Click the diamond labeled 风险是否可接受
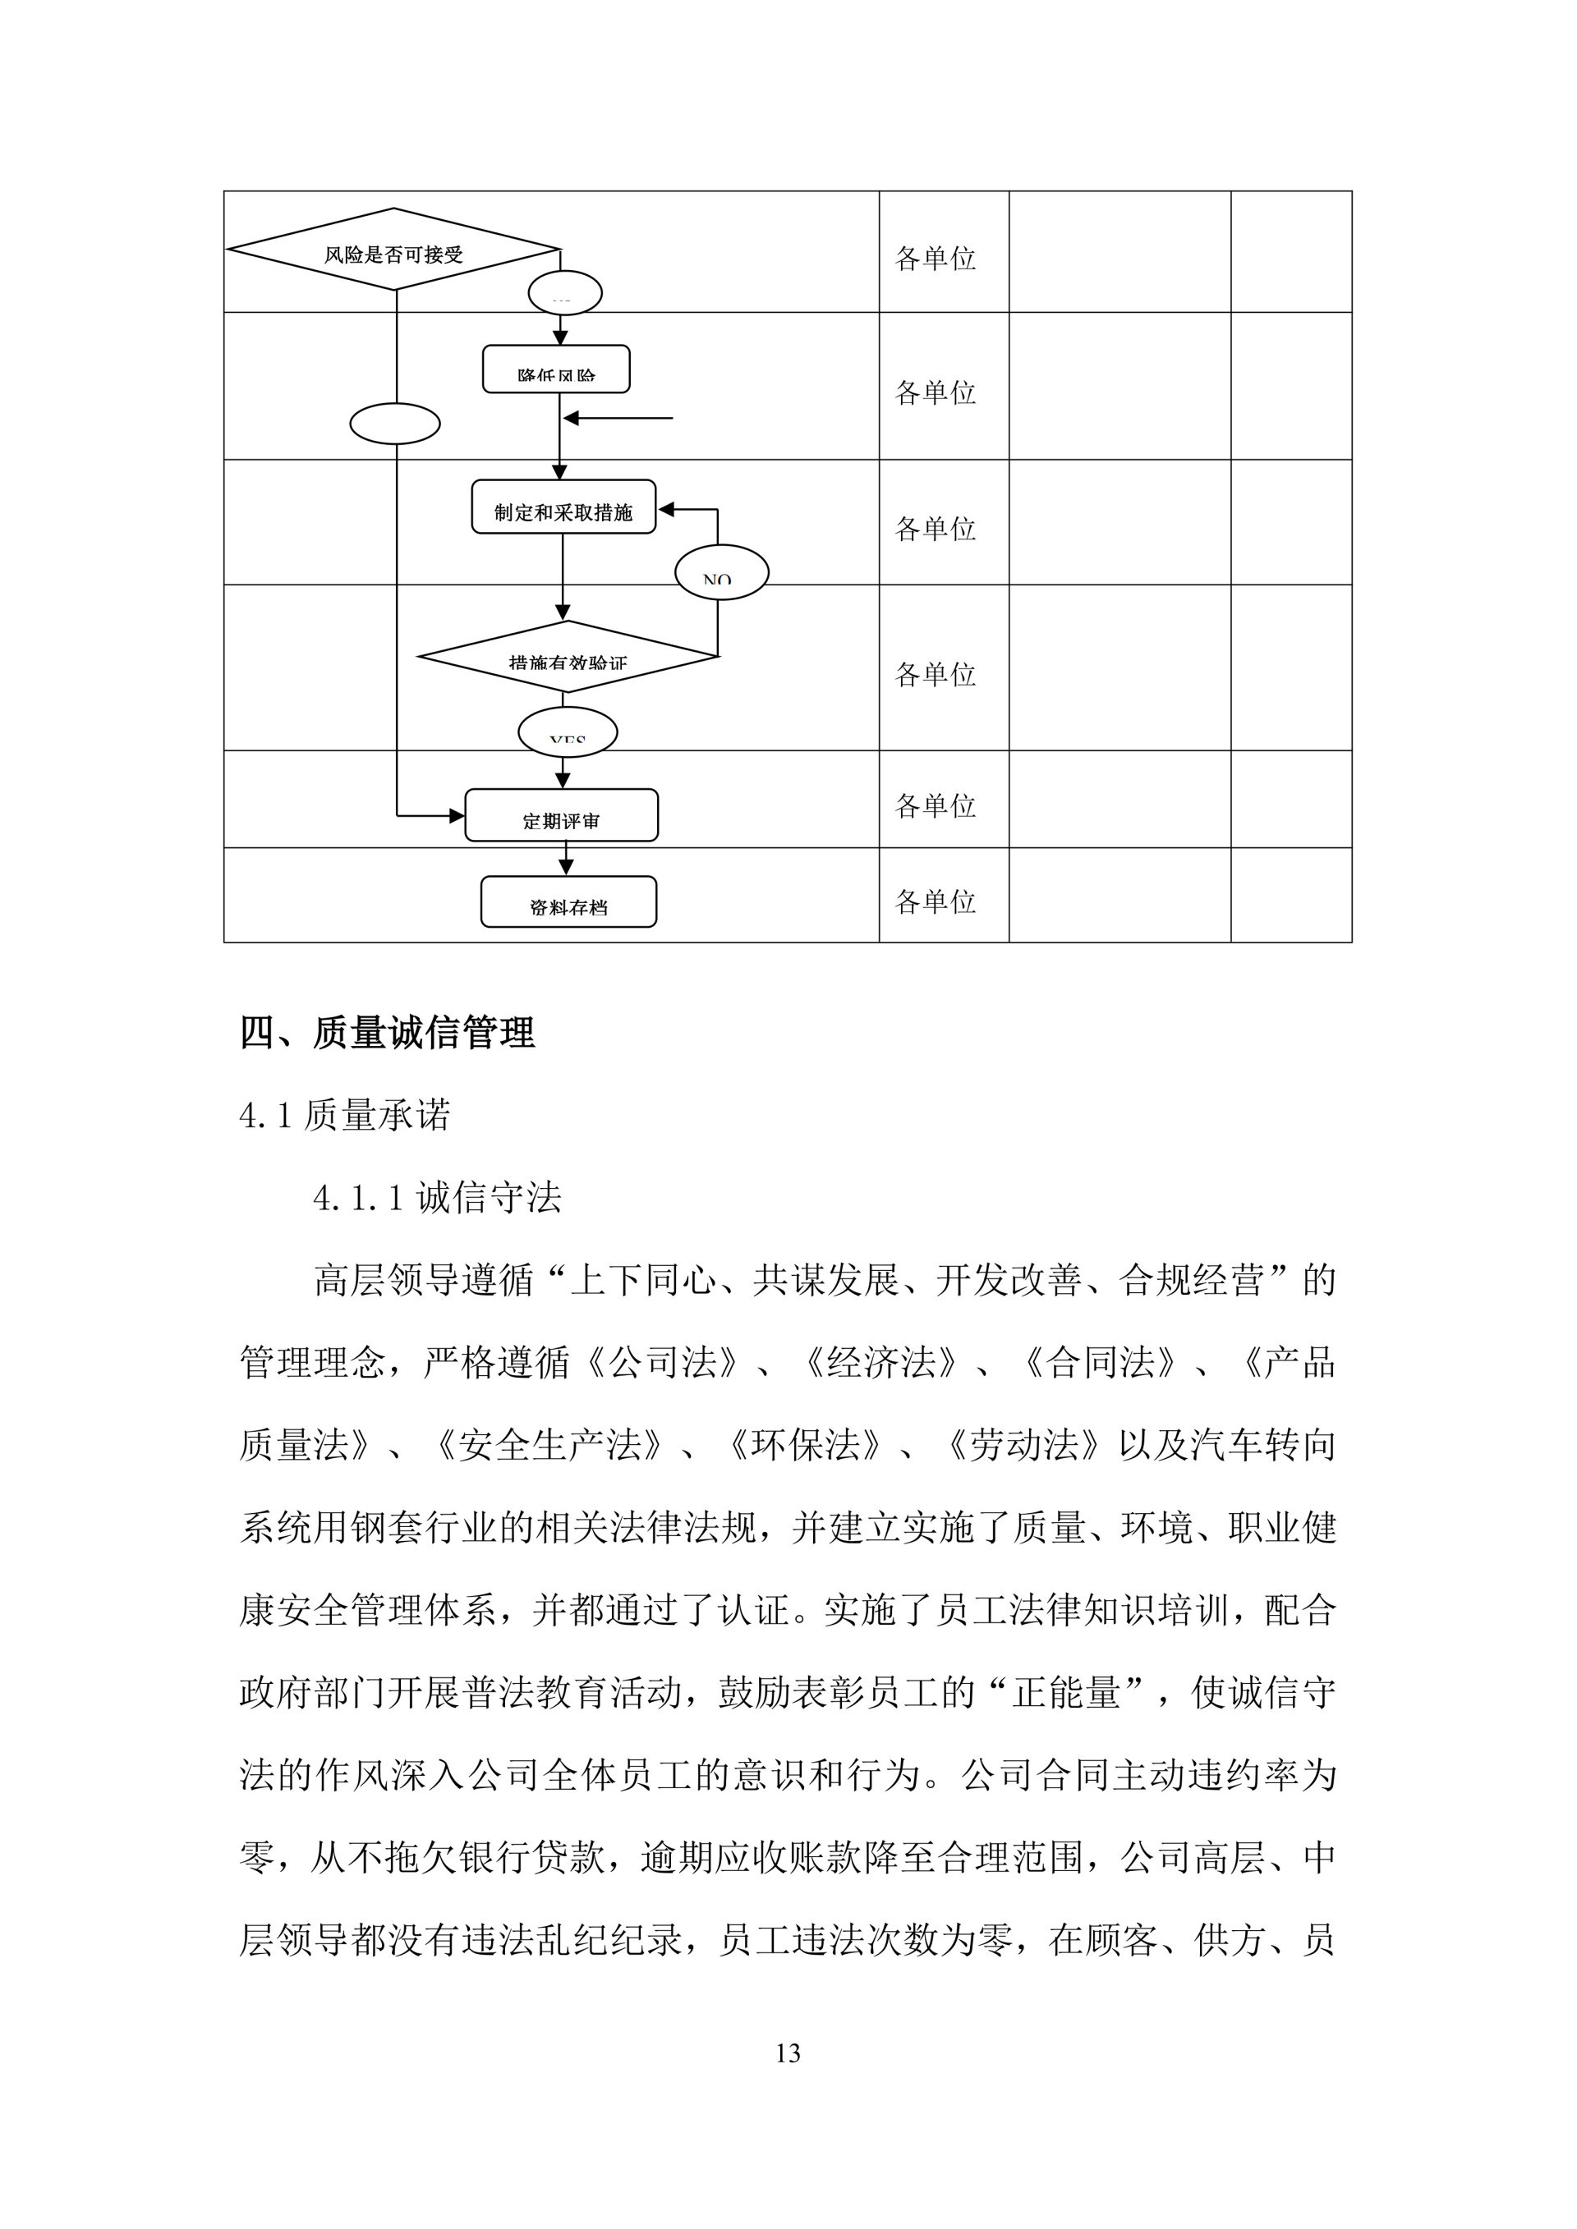tap(393, 250)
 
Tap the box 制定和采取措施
tap(563, 507)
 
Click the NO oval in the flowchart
tap(721, 573)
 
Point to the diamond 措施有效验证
tap(568, 658)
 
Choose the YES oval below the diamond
tap(567, 733)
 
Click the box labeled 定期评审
tap(561, 815)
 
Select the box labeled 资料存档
tap(568, 902)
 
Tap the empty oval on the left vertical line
tap(394, 424)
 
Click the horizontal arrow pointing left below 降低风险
tap(618, 419)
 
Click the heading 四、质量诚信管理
tap(388, 1032)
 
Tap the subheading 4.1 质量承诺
tap(345, 1116)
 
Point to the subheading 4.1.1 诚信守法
tap(437, 1198)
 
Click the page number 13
tap(788, 2053)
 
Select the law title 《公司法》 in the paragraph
tap(663, 1363)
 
